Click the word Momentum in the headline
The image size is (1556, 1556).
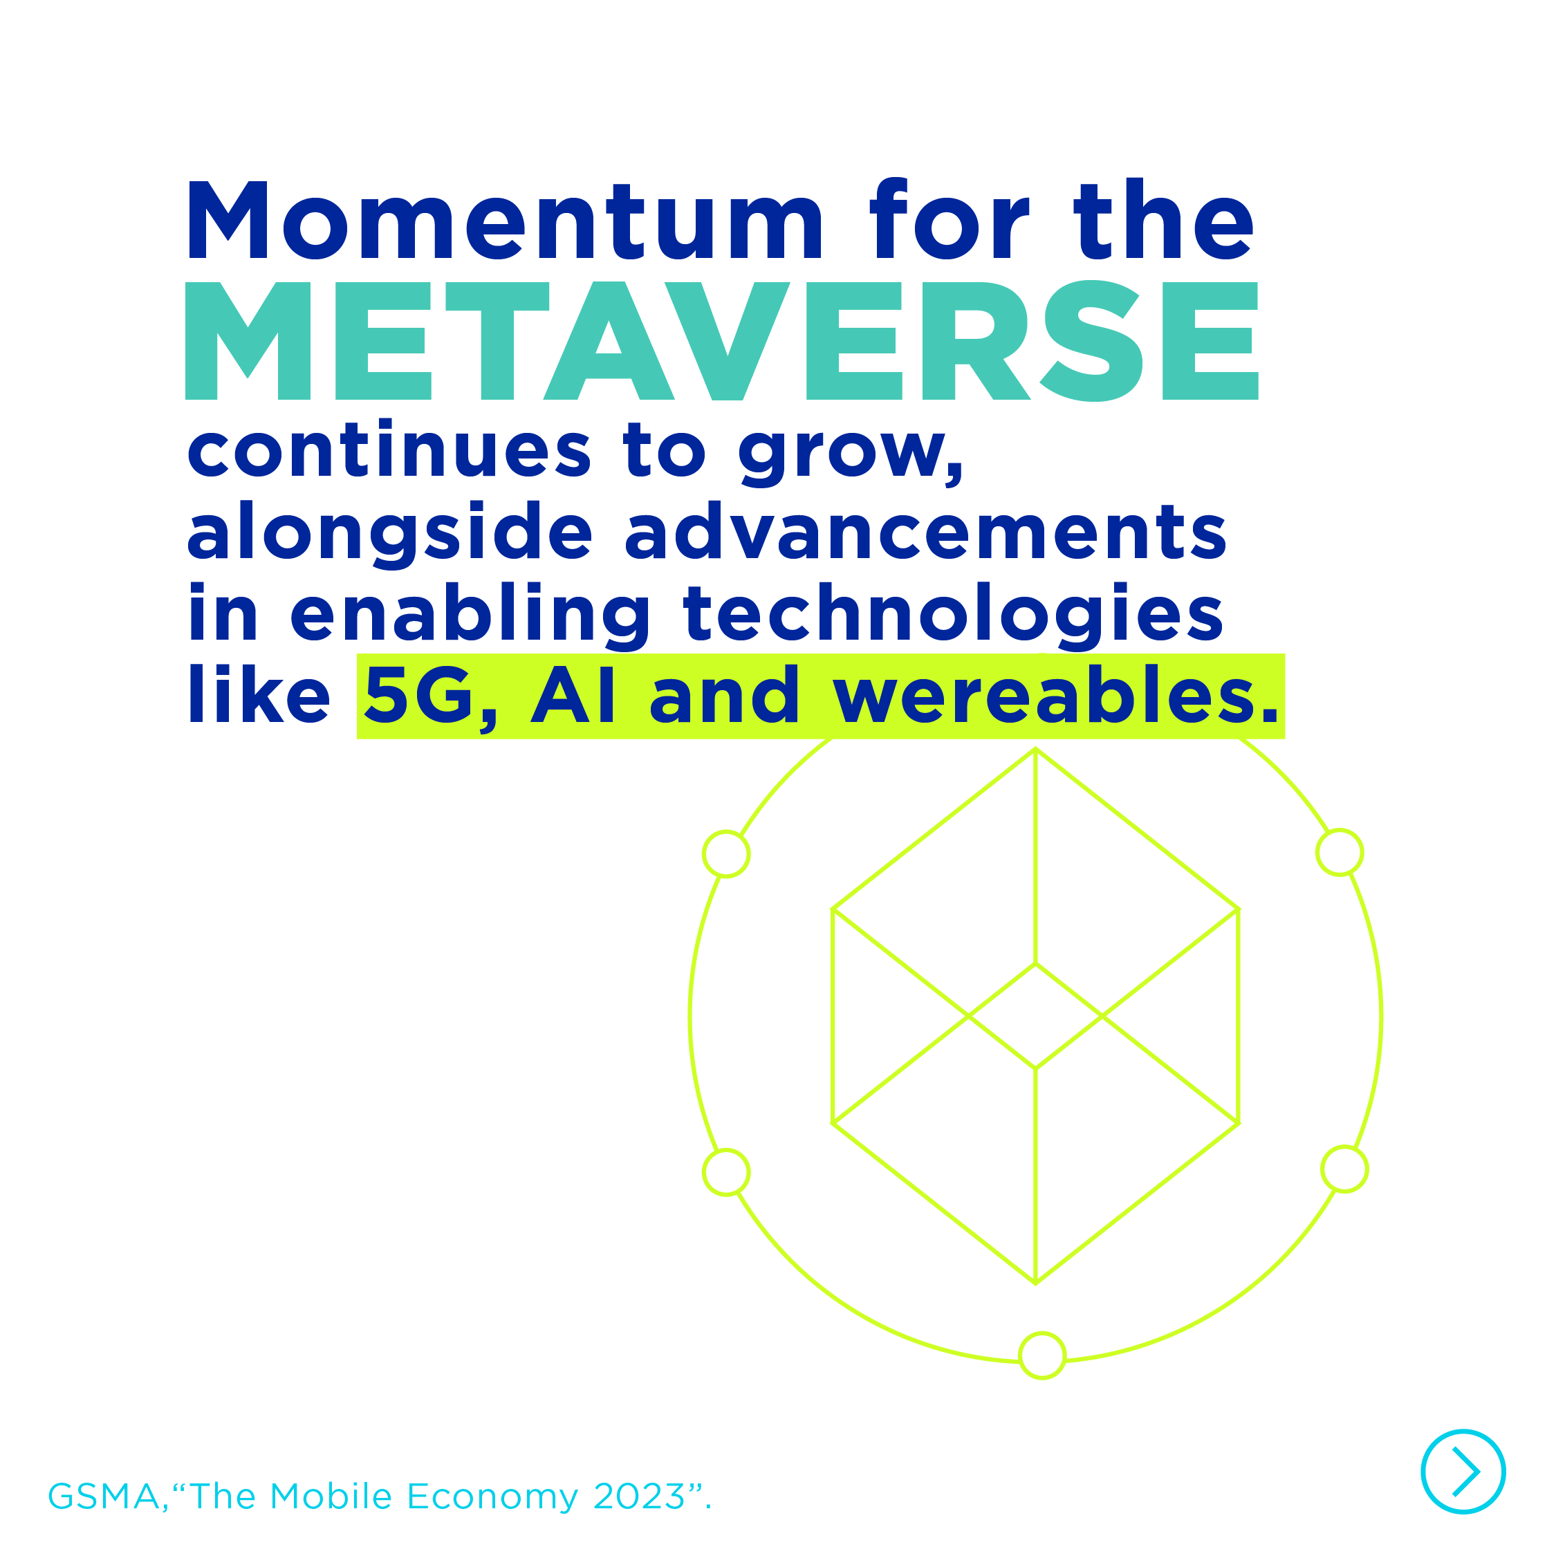click(505, 220)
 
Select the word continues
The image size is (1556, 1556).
click(389, 449)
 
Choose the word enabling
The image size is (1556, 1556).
click(470, 616)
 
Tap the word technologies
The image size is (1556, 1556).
click(954, 616)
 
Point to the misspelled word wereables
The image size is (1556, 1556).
click(1056, 694)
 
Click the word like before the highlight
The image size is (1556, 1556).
click(259, 694)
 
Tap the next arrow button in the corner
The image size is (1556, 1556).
click(1463, 1472)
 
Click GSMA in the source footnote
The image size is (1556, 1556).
click(104, 1497)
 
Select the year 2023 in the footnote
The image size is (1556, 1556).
click(640, 1497)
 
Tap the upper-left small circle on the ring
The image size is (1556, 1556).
click(726, 853)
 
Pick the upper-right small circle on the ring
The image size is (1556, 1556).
click(1340, 851)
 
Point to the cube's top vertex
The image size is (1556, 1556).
click(1035, 749)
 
